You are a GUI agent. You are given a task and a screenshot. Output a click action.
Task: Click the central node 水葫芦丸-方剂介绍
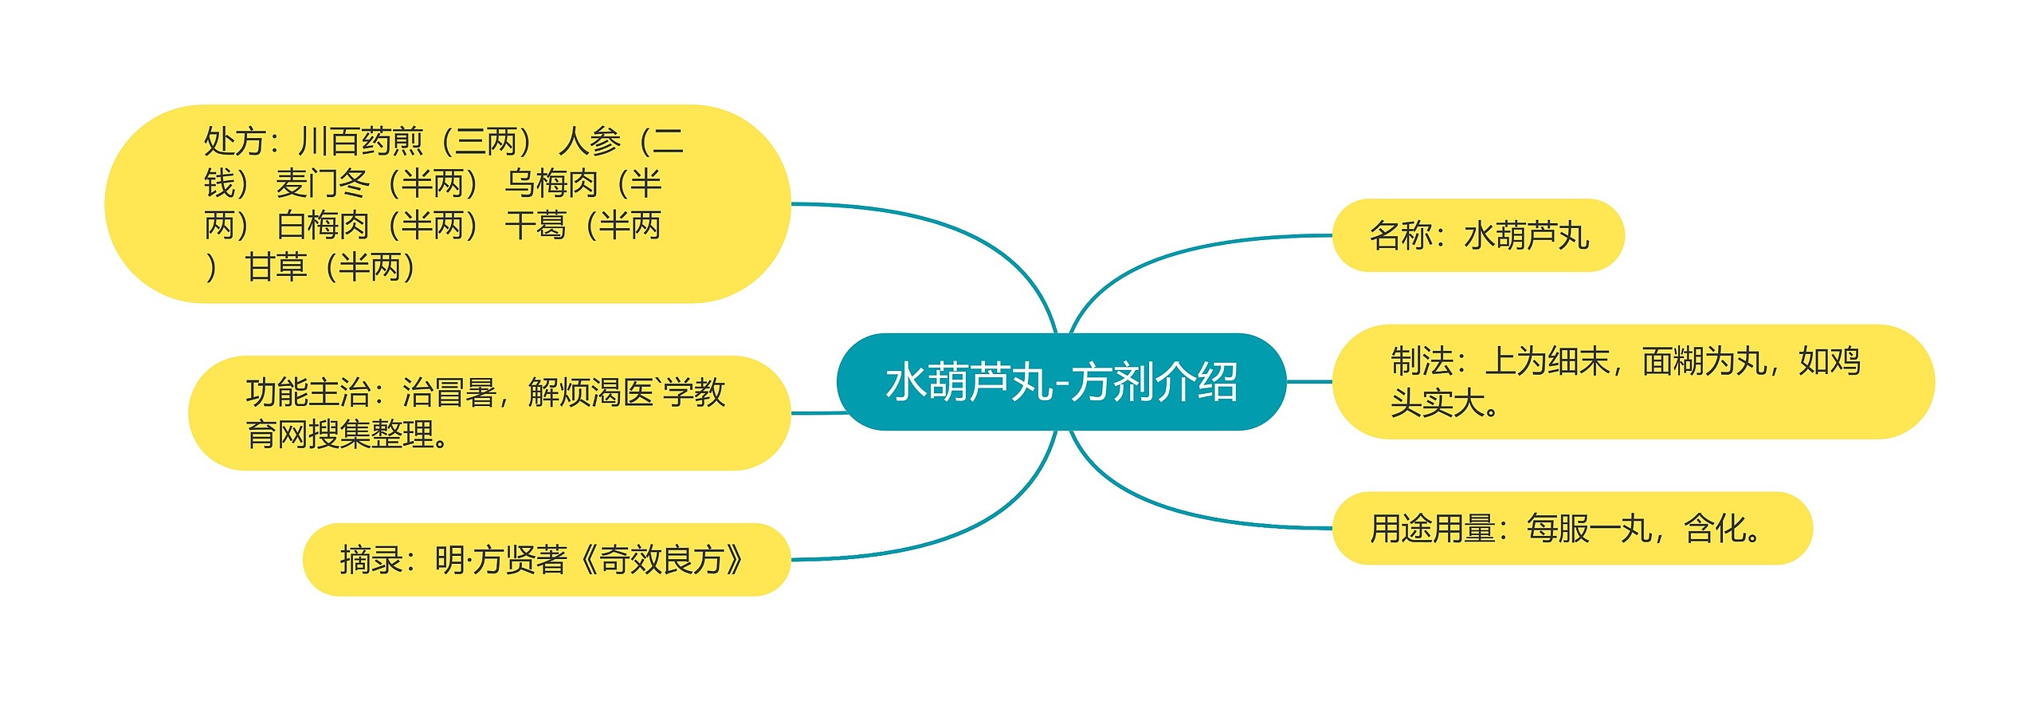pyautogui.click(x=1061, y=382)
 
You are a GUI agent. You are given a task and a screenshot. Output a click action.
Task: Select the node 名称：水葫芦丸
pyautogui.click(x=1478, y=236)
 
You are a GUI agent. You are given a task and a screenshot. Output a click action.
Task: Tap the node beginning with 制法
pyautogui.click(x=1634, y=382)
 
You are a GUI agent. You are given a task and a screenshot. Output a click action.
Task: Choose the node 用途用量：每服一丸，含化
pyautogui.click(x=1571, y=529)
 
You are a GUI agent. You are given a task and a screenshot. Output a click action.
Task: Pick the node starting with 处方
pyautogui.click(x=447, y=204)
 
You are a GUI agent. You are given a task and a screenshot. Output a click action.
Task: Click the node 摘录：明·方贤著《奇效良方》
pyautogui.click(x=547, y=560)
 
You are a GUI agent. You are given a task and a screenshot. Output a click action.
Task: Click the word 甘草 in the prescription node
pyautogui.click(x=276, y=267)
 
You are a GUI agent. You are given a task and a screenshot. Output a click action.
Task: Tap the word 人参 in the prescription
pyautogui.click(x=590, y=142)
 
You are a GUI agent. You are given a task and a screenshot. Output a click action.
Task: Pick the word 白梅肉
pyautogui.click(x=323, y=226)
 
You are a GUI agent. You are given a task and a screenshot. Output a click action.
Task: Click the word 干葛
pyautogui.click(x=535, y=226)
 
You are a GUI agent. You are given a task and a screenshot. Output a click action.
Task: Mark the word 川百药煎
pyautogui.click(x=361, y=142)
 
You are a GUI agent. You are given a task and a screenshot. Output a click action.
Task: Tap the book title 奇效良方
pyautogui.click(x=661, y=560)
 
